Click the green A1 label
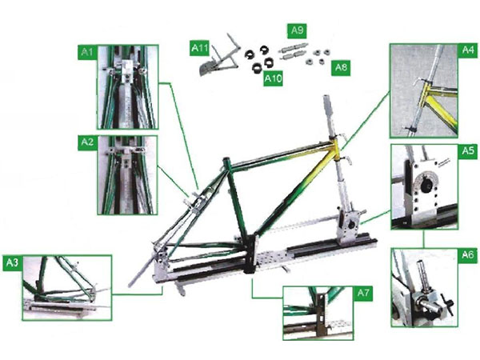tap(88, 53)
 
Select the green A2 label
tap(88, 143)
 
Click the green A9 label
tap(297, 30)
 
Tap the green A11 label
tap(200, 49)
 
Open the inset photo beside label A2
tap(126, 175)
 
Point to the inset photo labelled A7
tap(318, 314)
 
